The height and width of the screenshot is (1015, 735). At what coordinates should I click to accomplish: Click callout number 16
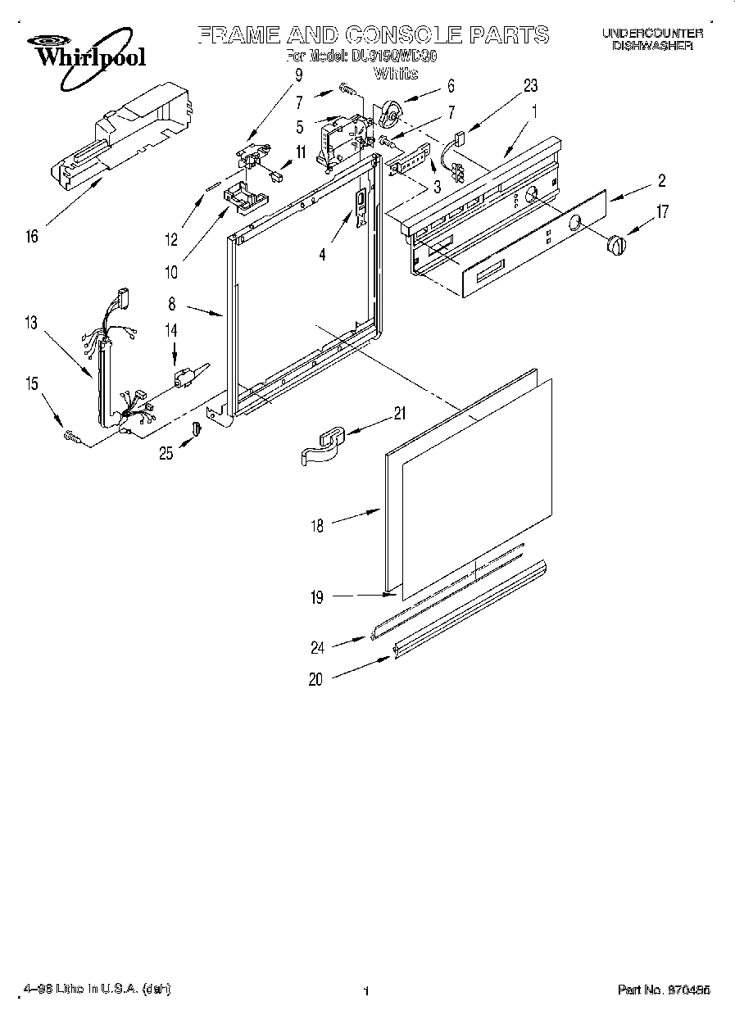[x=32, y=238]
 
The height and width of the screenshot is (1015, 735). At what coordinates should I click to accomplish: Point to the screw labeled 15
[x=71, y=438]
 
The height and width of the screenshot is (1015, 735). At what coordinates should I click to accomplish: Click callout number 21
[x=399, y=415]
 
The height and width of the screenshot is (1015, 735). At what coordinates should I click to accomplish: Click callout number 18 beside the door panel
[x=317, y=526]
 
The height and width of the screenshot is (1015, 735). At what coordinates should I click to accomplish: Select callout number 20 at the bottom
[x=316, y=678]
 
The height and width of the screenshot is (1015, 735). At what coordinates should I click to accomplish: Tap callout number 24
[x=317, y=647]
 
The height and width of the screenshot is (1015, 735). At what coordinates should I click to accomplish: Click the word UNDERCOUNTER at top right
[x=652, y=34]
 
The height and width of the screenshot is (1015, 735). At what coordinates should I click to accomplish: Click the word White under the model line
[x=396, y=74]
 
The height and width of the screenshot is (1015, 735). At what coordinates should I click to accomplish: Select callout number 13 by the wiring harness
[x=31, y=324]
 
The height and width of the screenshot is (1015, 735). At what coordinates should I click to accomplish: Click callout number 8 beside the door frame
[x=172, y=305]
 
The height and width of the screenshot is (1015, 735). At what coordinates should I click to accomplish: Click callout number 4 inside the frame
[x=322, y=256]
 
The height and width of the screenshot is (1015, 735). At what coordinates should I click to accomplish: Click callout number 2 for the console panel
[x=660, y=182]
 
